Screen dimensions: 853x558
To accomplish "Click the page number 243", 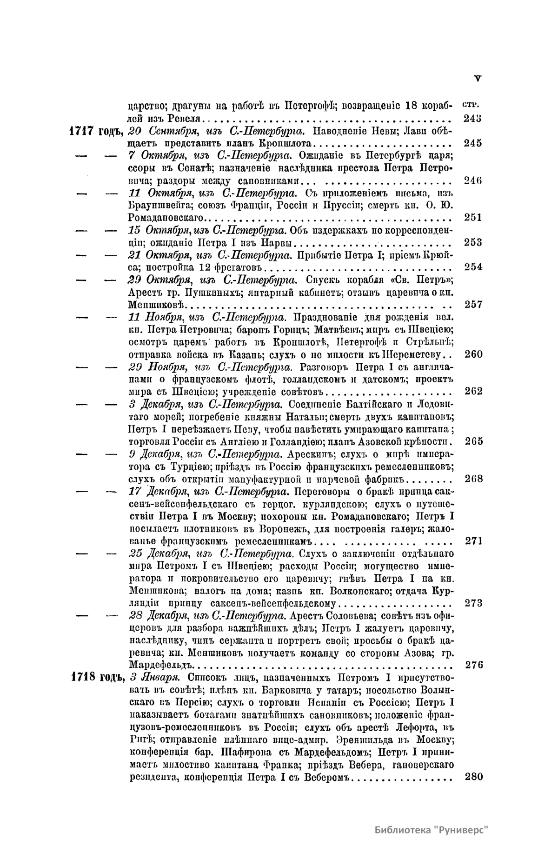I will click(x=473, y=118).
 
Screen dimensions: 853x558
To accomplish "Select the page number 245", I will click(x=473, y=143).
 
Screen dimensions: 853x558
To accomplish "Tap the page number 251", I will click(x=473, y=217).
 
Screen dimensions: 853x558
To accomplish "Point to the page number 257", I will click(x=473, y=304).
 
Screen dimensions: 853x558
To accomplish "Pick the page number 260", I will click(x=473, y=354).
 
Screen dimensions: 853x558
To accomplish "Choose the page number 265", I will click(x=473, y=441).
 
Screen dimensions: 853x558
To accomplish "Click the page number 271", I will click(x=473, y=540).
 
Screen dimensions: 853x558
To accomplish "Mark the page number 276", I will click(x=473, y=665).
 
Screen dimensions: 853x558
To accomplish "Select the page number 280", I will click(x=473, y=776).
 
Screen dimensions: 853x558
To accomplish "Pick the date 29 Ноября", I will click(x=156, y=367).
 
